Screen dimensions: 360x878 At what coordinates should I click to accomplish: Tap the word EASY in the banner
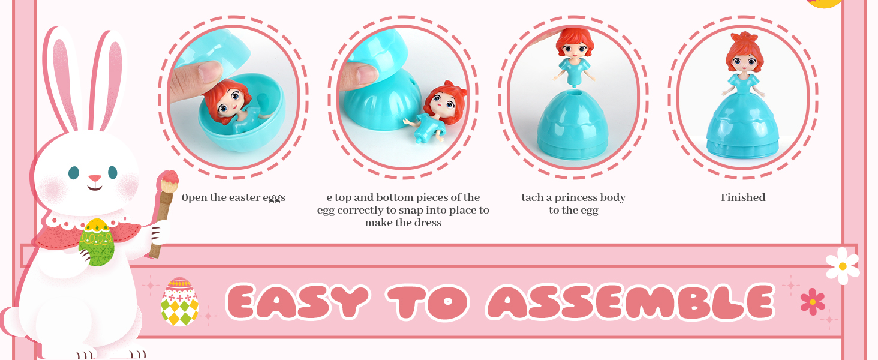[x=297, y=302]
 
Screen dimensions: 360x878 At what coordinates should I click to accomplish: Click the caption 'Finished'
[x=743, y=197]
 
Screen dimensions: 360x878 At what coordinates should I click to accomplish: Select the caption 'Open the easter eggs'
[x=233, y=197]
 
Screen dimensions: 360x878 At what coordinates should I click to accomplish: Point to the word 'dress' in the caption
[x=427, y=223]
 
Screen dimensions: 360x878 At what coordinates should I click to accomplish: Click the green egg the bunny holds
[x=96, y=242]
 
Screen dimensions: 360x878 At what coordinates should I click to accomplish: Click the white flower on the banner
[x=842, y=266]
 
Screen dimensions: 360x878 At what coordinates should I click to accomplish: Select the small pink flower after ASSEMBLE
[x=813, y=301]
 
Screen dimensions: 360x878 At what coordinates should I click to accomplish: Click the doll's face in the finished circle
[x=744, y=60]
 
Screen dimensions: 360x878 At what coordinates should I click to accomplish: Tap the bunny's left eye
[x=74, y=173]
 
